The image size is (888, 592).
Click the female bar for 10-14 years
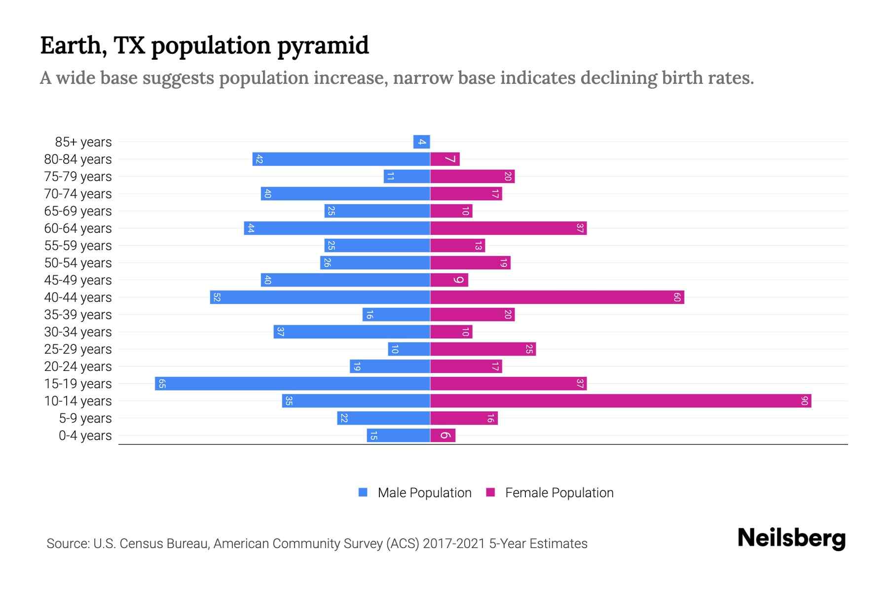point(621,401)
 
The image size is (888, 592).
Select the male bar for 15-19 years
point(293,384)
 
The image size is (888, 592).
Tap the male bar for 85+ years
point(422,142)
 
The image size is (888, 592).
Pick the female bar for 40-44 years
point(557,297)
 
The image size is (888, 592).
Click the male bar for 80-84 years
point(341,159)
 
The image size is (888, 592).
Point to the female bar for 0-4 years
point(443,436)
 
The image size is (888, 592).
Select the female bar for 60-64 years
point(508,228)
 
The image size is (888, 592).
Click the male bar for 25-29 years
point(409,349)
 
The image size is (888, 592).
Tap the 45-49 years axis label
point(78,280)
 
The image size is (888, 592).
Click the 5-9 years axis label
point(85,418)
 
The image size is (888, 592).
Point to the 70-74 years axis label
point(78,194)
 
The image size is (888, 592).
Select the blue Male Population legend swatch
point(363,492)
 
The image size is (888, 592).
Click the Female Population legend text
point(559,493)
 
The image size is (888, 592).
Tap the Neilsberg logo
point(791,538)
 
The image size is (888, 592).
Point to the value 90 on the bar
point(804,401)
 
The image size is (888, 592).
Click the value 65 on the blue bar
point(162,384)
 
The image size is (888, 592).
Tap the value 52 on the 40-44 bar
point(217,297)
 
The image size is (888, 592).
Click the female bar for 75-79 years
point(473,177)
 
